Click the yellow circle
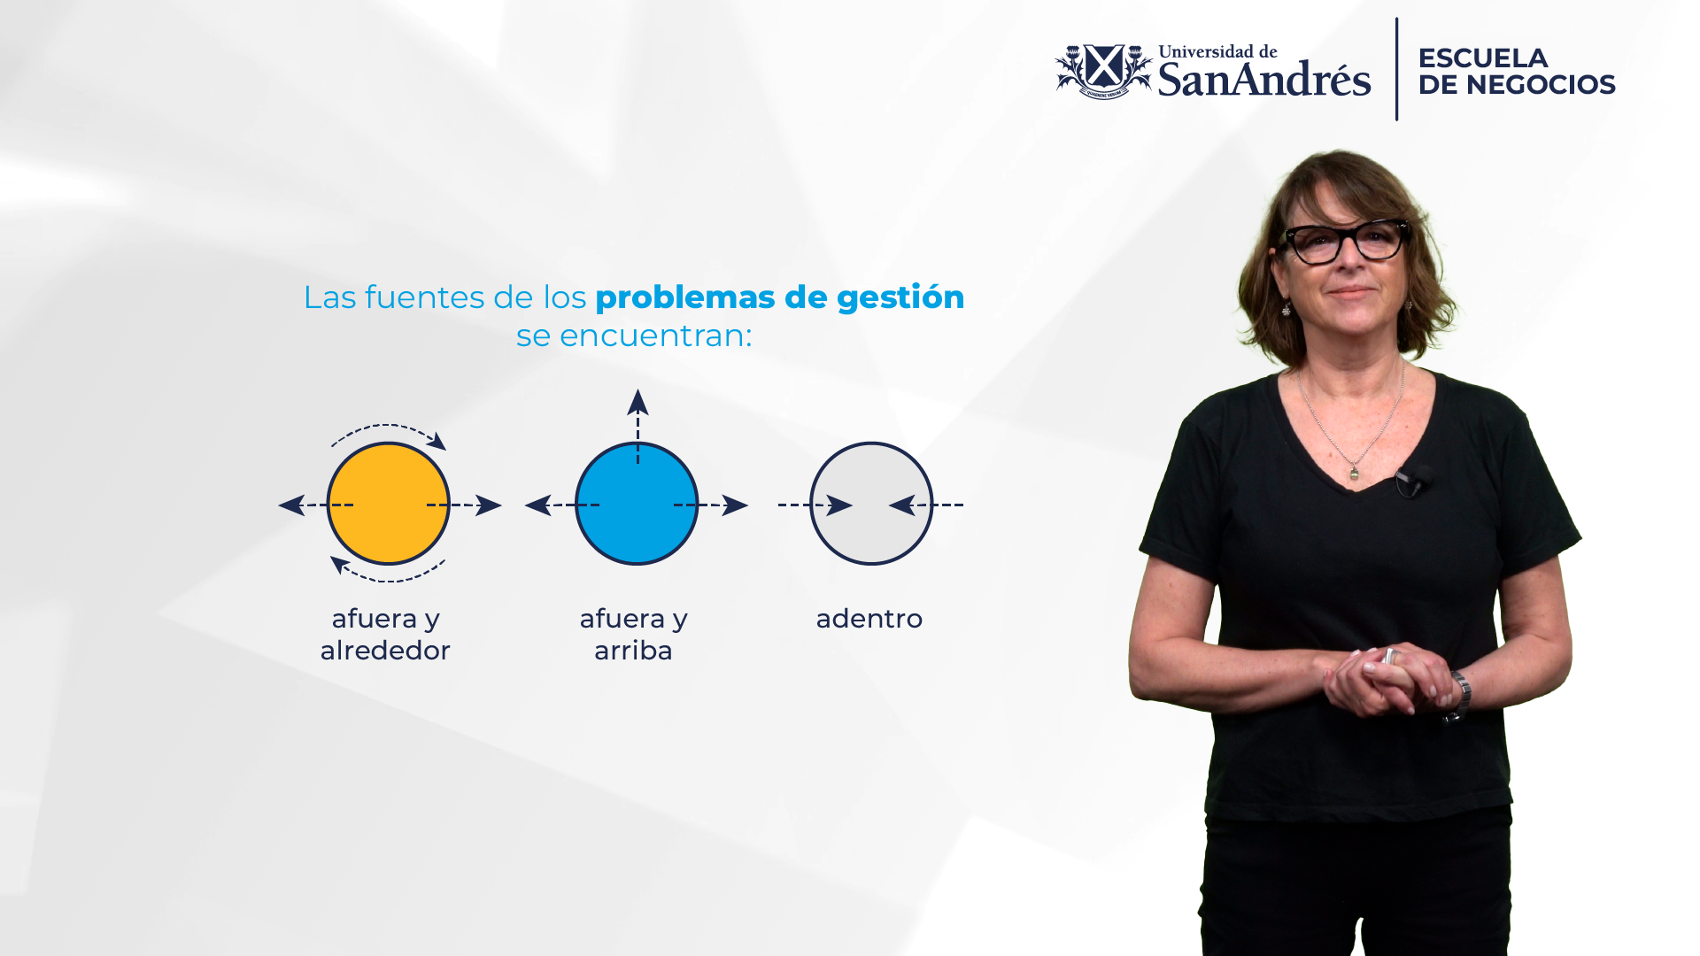(x=388, y=504)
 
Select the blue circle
(x=637, y=504)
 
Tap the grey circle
(x=871, y=504)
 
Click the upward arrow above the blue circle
(x=637, y=426)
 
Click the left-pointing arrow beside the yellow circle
(x=316, y=505)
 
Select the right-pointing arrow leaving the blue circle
(x=711, y=505)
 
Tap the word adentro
(x=869, y=619)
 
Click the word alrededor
(x=385, y=651)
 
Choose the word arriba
(x=633, y=651)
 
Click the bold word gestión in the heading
(x=900, y=298)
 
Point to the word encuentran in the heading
(x=655, y=335)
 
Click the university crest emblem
(x=1103, y=71)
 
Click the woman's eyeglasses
(x=1345, y=241)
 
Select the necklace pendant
(x=1354, y=474)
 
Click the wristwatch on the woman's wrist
(x=1459, y=696)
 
